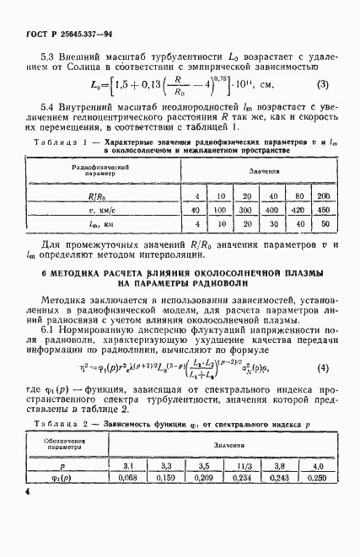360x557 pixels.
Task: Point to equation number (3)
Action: tap(323, 84)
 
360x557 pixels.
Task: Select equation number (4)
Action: tap(323, 367)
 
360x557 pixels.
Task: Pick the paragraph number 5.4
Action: tap(48, 107)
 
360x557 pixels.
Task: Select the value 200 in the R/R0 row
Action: tap(324, 196)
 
